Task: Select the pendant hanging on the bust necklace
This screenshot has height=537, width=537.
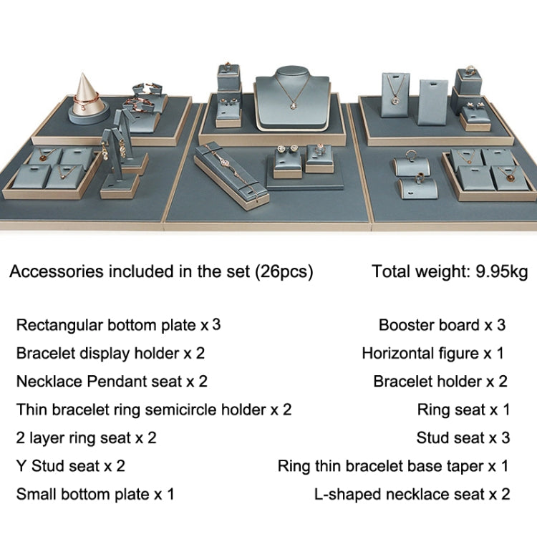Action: (x=293, y=105)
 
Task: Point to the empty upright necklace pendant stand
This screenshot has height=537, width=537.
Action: (x=432, y=102)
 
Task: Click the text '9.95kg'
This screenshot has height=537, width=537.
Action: (x=502, y=271)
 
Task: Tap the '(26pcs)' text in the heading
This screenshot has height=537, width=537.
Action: (x=284, y=271)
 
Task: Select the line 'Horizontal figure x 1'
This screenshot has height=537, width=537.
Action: (x=433, y=354)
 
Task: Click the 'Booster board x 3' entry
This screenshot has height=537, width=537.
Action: (x=442, y=325)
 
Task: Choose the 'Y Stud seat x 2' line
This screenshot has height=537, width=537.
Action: (x=71, y=466)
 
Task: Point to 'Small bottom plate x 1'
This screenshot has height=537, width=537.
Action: (x=95, y=494)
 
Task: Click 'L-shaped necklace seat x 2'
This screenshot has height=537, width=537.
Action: (x=412, y=494)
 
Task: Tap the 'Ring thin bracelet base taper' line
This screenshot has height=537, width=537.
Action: (x=393, y=466)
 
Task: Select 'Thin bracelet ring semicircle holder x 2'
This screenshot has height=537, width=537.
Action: (x=154, y=410)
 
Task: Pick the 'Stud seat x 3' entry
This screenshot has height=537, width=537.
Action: (x=463, y=438)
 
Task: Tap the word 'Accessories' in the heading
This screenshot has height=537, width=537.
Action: (x=57, y=271)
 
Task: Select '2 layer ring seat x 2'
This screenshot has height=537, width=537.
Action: (x=87, y=438)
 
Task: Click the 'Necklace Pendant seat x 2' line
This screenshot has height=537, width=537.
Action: (x=112, y=382)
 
